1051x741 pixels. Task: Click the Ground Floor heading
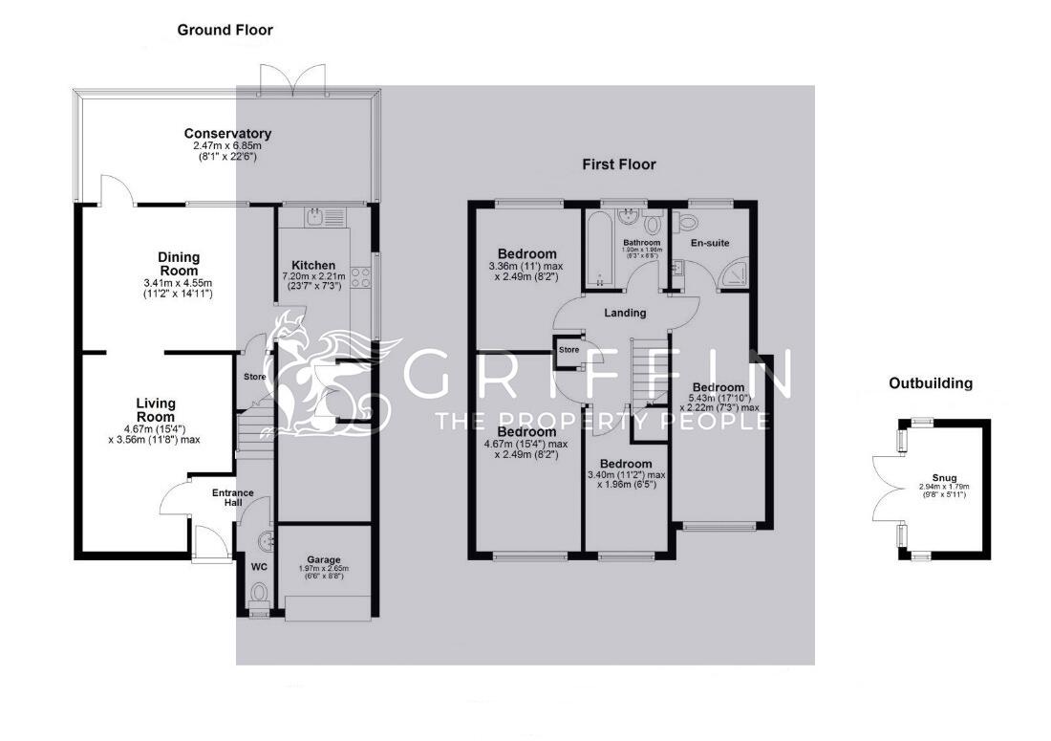[x=225, y=31]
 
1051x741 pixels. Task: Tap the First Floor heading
[x=619, y=164]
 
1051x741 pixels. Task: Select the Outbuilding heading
[x=930, y=383]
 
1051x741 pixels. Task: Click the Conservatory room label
[x=227, y=134]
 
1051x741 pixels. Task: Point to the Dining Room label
[x=179, y=263]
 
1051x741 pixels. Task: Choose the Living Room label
[x=155, y=410]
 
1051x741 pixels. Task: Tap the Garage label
[x=324, y=560]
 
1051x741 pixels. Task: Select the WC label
[x=258, y=567]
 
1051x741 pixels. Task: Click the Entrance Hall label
[x=233, y=498]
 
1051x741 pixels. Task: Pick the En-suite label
[x=710, y=243]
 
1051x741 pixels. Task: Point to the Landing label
[x=625, y=313]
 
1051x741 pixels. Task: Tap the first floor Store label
[x=569, y=350]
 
